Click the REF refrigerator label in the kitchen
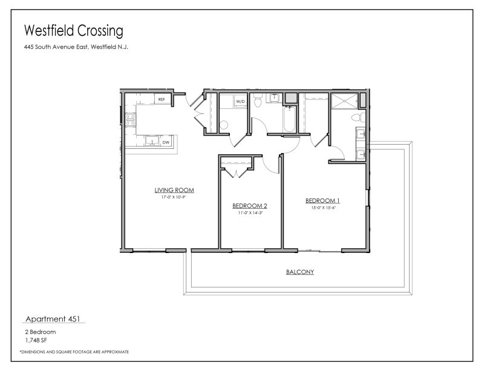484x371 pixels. [x=162, y=99]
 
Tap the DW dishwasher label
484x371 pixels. [x=165, y=142]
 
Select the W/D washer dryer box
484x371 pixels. [x=240, y=101]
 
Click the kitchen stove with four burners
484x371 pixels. [x=130, y=119]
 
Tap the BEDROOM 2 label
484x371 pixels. [x=250, y=206]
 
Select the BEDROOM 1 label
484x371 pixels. [x=322, y=201]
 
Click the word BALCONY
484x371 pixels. [x=299, y=272]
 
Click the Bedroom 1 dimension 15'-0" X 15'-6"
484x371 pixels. [x=322, y=208]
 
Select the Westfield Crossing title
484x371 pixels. [x=73, y=30]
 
